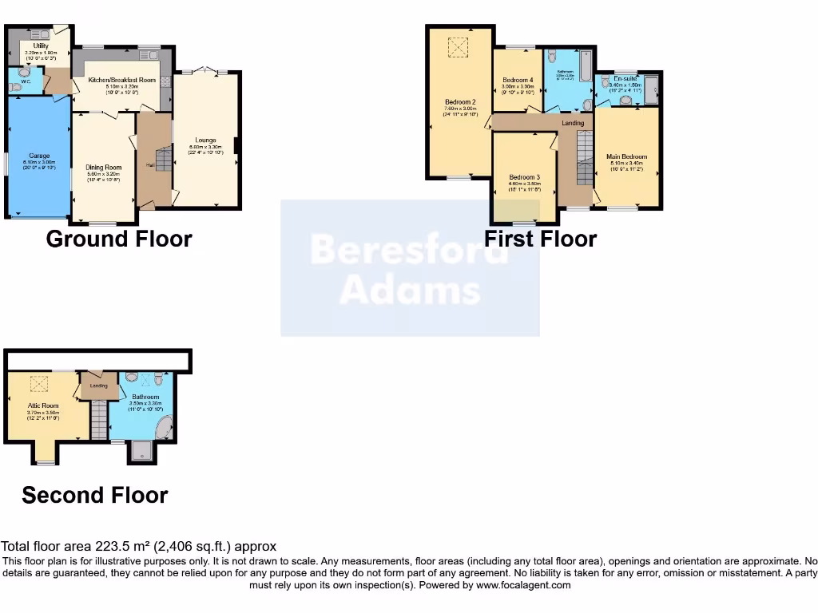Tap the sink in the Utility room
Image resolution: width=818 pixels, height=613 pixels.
coord(37,34)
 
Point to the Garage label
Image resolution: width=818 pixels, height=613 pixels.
coord(39,155)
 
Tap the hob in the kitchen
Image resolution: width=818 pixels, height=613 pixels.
coord(165,81)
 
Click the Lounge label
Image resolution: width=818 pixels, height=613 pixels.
coord(205,140)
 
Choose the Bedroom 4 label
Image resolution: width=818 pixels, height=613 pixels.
coord(518,80)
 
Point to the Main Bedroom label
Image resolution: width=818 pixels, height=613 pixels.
coord(626,156)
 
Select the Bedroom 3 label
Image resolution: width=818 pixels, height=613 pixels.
coord(525,177)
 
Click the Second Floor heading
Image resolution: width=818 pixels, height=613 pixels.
coord(95,495)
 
